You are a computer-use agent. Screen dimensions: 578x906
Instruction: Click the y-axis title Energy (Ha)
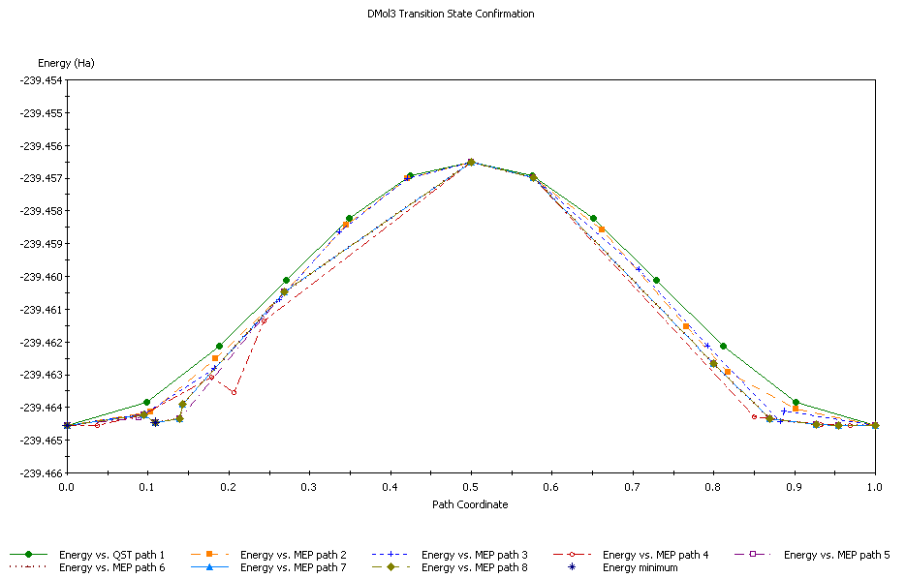pos(66,63)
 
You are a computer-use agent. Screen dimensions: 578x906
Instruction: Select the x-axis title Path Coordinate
pos(470,504)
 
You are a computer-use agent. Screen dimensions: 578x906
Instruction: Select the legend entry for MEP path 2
pos(293,555)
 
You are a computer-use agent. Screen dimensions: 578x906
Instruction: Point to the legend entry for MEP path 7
pos(293,567)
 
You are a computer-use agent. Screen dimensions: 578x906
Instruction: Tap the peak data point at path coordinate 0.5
pos(471,162)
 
